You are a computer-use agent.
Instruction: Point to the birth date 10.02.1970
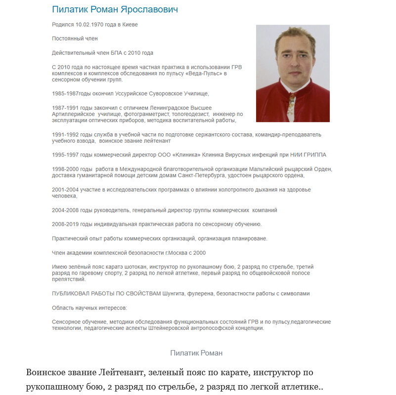(x=90, y=25)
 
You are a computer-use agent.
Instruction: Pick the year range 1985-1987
(x=65, y=94)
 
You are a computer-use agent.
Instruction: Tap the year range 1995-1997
(x=65, y=155)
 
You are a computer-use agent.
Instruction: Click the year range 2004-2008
(x=65, y=210)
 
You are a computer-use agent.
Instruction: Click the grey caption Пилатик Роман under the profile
(x=196, y=353)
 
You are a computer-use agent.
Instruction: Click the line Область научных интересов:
(x=89, y=308)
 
